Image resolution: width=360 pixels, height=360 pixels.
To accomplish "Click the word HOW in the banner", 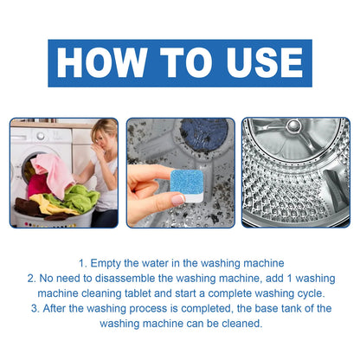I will click(x=103, y=64).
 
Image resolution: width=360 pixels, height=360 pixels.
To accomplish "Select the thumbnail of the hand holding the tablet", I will click(x=179, y=172).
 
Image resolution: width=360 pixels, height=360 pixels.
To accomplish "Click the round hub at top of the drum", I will click(x=293, y=127).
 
